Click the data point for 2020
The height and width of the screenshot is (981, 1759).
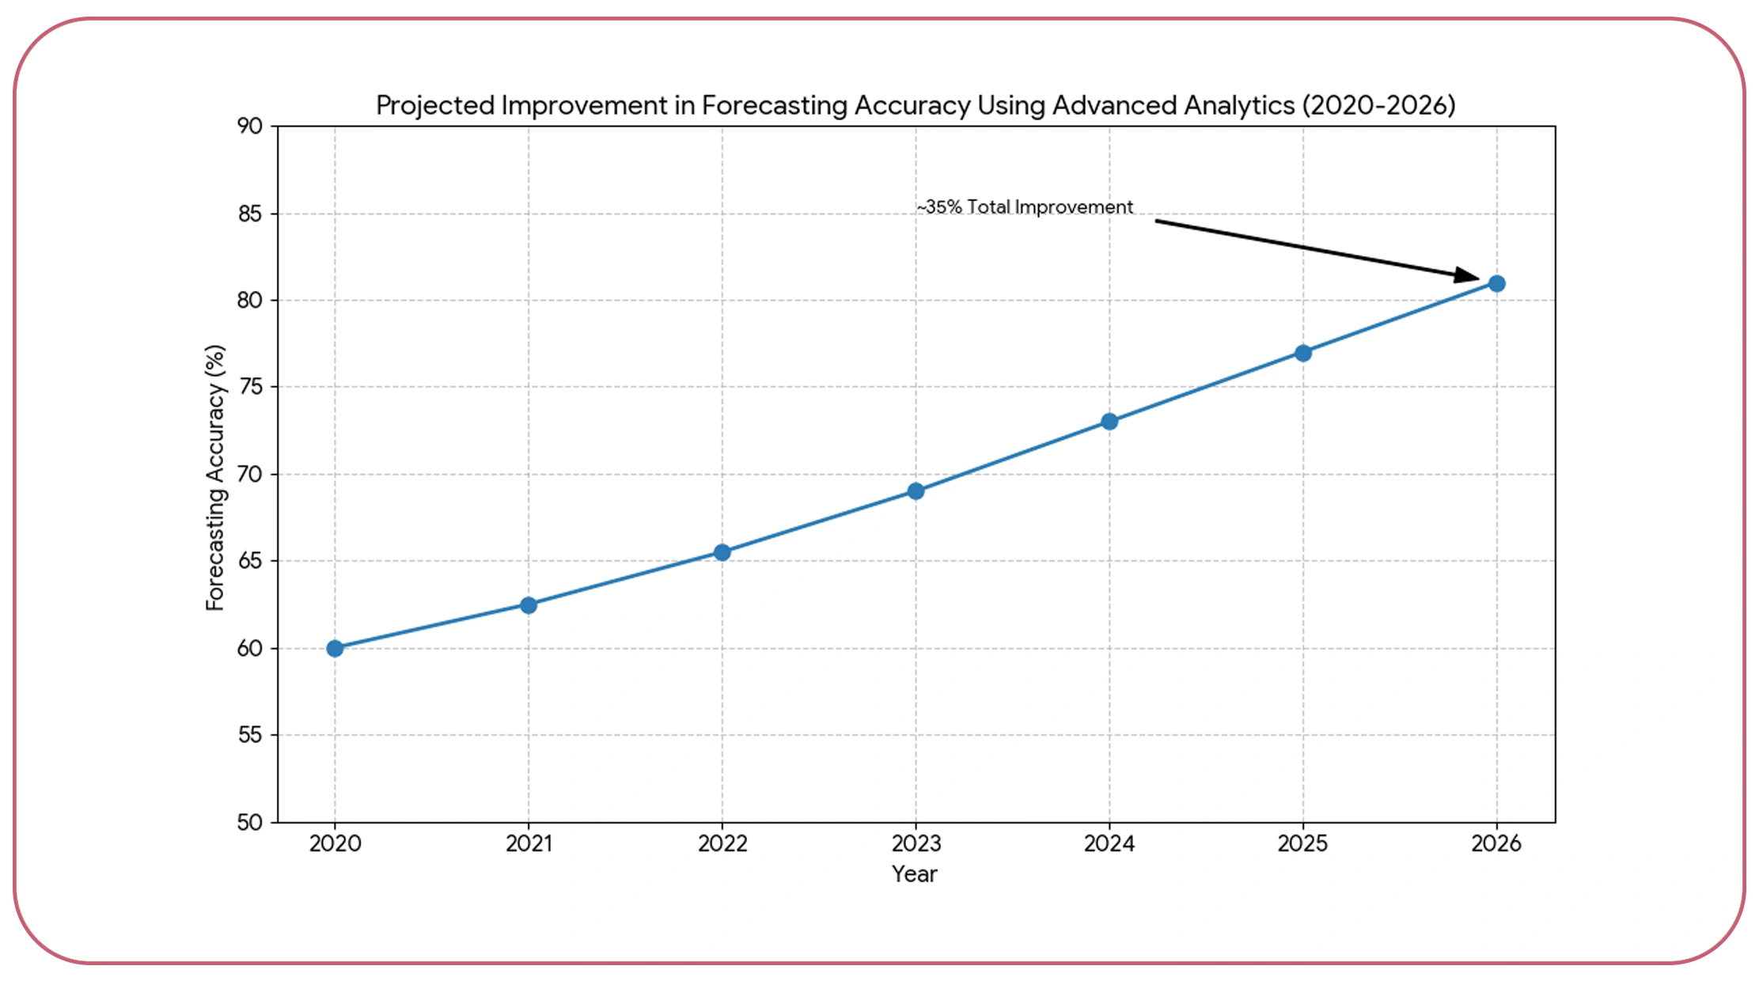(335, 648)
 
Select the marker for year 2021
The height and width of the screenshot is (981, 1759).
(529, 605)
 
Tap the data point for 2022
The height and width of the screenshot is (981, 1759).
(722, 552)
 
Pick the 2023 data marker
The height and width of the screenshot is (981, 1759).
(916, 491)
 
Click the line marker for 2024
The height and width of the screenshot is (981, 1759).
(1109, 422)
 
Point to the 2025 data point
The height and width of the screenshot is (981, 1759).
(1303, 353)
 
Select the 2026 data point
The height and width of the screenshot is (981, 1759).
(1496, 283)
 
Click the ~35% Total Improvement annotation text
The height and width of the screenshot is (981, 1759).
(1025, 207)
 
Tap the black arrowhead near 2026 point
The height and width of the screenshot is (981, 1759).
(1468, 275)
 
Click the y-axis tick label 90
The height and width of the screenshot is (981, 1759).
(249, 127)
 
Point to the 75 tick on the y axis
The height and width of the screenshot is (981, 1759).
(249, 387)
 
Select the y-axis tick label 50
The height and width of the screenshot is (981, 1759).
(249, 823)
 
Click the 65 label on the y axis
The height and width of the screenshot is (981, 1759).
(249, 561)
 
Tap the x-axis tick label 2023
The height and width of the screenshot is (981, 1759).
(916, 844)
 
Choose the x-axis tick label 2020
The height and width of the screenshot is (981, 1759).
(335, 844)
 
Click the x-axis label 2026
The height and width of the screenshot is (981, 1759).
(1496, 844)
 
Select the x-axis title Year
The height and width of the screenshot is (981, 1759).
(914, 874)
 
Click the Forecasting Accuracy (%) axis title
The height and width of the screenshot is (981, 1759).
(215, 478)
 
